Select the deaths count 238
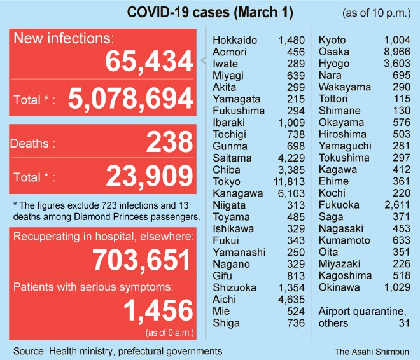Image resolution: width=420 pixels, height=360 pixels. (169, 142)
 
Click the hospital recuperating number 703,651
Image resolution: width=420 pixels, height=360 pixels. (141, 260)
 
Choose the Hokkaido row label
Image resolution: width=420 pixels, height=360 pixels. (235, 41)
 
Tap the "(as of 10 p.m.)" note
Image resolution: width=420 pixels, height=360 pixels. (377, 13)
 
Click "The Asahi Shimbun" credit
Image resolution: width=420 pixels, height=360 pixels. (372, 350)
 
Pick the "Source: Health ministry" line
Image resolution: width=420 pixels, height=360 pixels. (118, 350)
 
